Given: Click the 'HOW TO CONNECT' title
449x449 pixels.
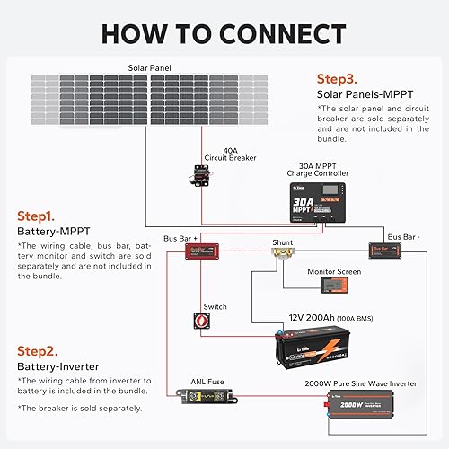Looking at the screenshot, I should (224, 33).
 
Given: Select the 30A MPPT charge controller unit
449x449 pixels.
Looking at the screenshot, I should (318, 203).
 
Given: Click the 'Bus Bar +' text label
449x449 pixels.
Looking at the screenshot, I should (179, 238).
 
